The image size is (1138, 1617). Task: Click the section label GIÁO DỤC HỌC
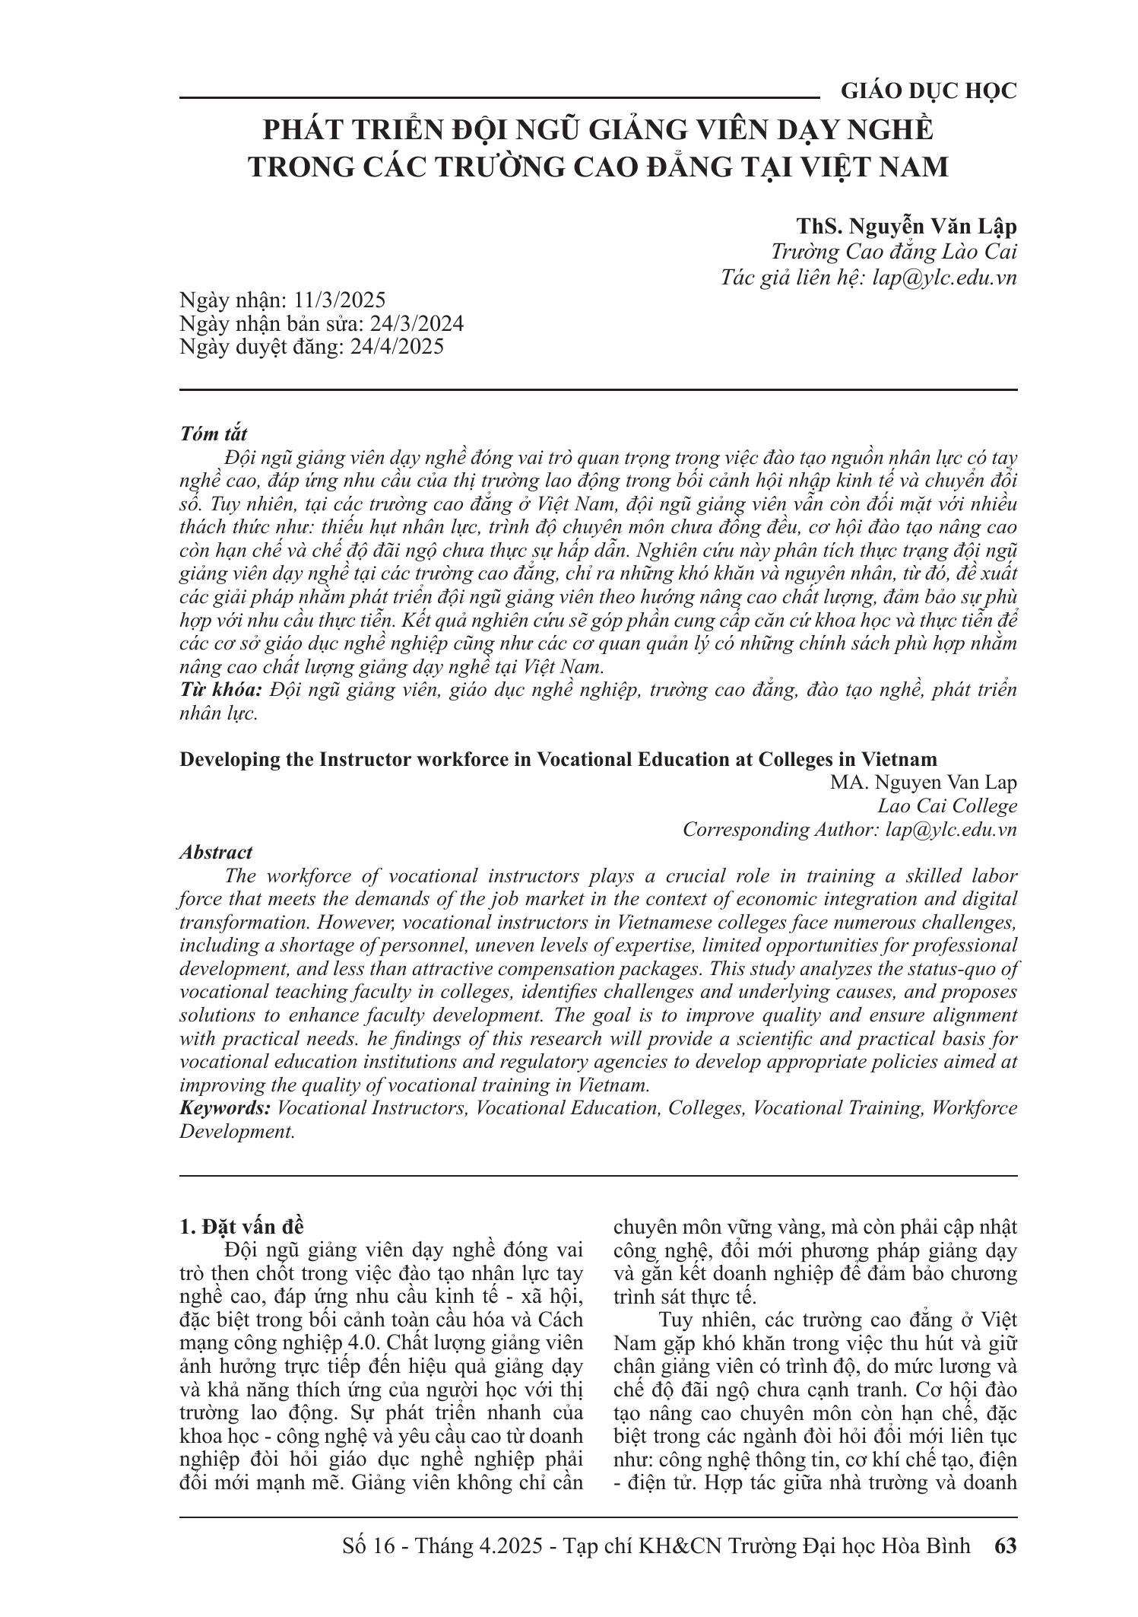[x=928, y=91]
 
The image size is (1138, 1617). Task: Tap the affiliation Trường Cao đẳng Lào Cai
[x=893, y=252]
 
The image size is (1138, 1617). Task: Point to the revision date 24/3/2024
[x=416, y=323]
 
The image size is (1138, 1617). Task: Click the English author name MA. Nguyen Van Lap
[x=924, y=782]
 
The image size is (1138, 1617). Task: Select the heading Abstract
[x=216, y=853]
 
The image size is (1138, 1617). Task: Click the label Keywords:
[x=225, y=1108]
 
